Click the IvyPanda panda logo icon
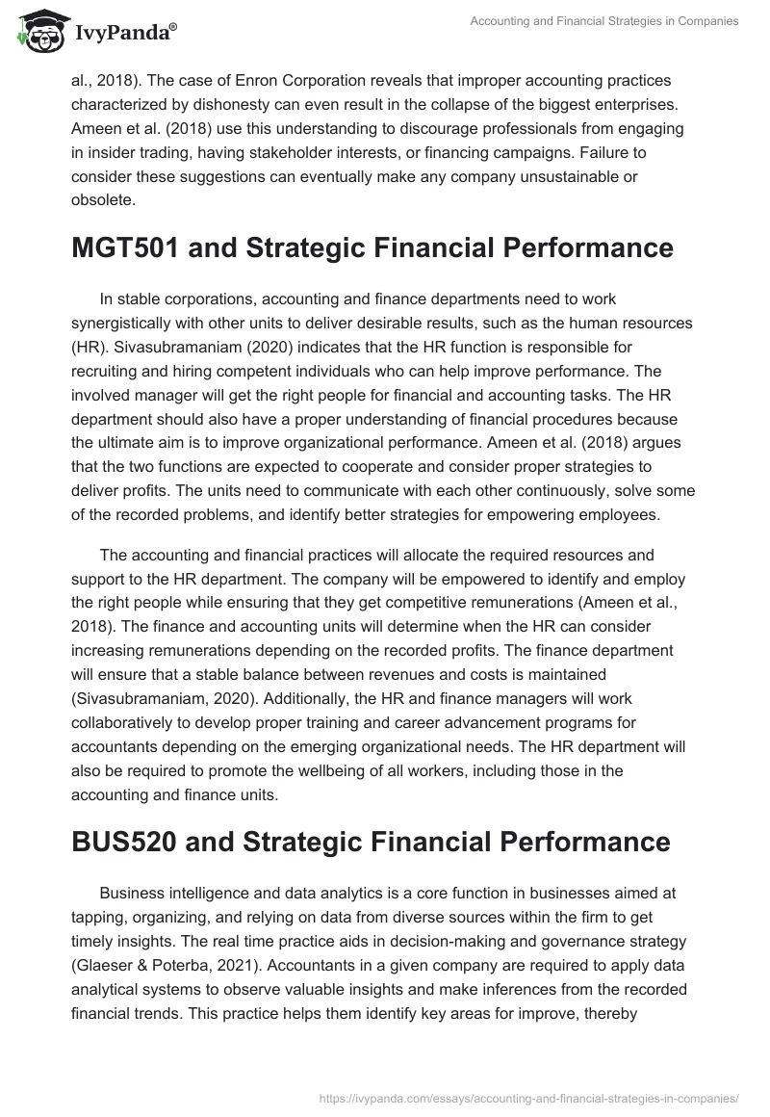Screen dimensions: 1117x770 38,30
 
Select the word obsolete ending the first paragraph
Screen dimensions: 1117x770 103,201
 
